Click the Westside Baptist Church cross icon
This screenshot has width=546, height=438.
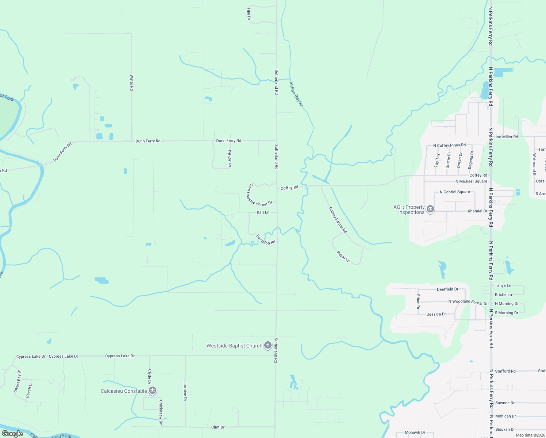[268, 345]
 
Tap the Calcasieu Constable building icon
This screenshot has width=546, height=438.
[153, 391]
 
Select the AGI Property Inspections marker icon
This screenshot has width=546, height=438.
[430, 209]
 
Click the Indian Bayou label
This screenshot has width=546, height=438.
[296, 94]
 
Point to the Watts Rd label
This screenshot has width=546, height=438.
[132, 82]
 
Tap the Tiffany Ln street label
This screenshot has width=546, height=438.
[230, 158]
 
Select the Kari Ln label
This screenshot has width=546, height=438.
[263, 212]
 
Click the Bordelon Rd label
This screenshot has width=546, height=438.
[266, 240]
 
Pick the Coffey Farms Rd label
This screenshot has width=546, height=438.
[338, 220]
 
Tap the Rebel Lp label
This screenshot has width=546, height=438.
[343, 257]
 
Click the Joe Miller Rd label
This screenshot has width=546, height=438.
[506, 137]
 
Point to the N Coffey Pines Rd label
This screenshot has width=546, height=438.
[449, 145]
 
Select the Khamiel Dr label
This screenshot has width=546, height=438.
[477, 211]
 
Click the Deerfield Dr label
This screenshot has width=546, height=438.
[447, 289]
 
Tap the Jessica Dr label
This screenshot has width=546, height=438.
[437, 314]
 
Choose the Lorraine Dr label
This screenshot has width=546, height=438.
[185, 391]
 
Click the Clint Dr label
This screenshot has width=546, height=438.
[218, 427]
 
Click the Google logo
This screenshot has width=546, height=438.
[12, 434]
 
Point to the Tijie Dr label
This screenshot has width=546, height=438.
[249, 14]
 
